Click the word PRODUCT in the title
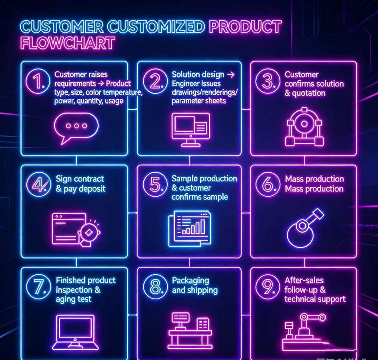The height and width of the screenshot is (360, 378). [245, 27]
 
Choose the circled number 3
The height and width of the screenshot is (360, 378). [268, 81]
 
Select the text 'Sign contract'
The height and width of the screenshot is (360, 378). [80, 179]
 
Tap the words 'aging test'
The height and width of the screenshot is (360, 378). [74, 299]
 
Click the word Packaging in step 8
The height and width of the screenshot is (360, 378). [191, 281]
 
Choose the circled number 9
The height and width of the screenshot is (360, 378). [268, 286]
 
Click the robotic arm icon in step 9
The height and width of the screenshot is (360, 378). [307, 331]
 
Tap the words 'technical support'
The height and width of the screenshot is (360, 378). [315, 299]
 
